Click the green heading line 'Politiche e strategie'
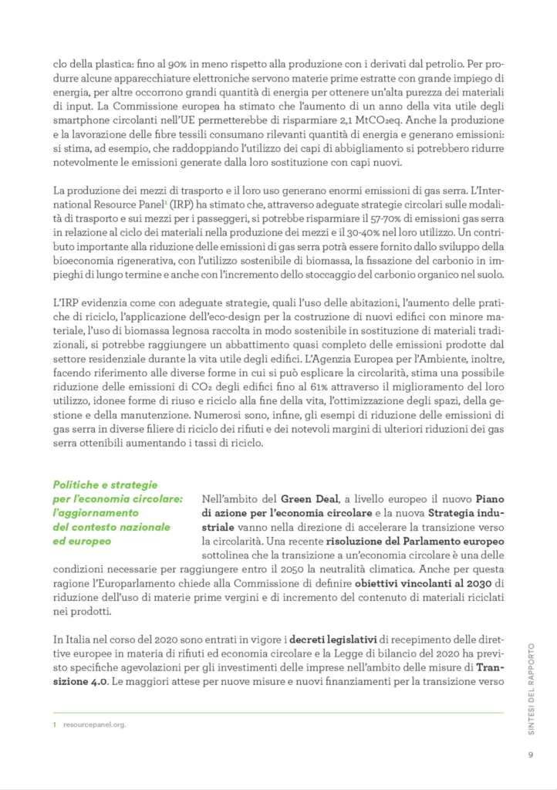[105, 484]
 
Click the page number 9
[531, 754]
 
